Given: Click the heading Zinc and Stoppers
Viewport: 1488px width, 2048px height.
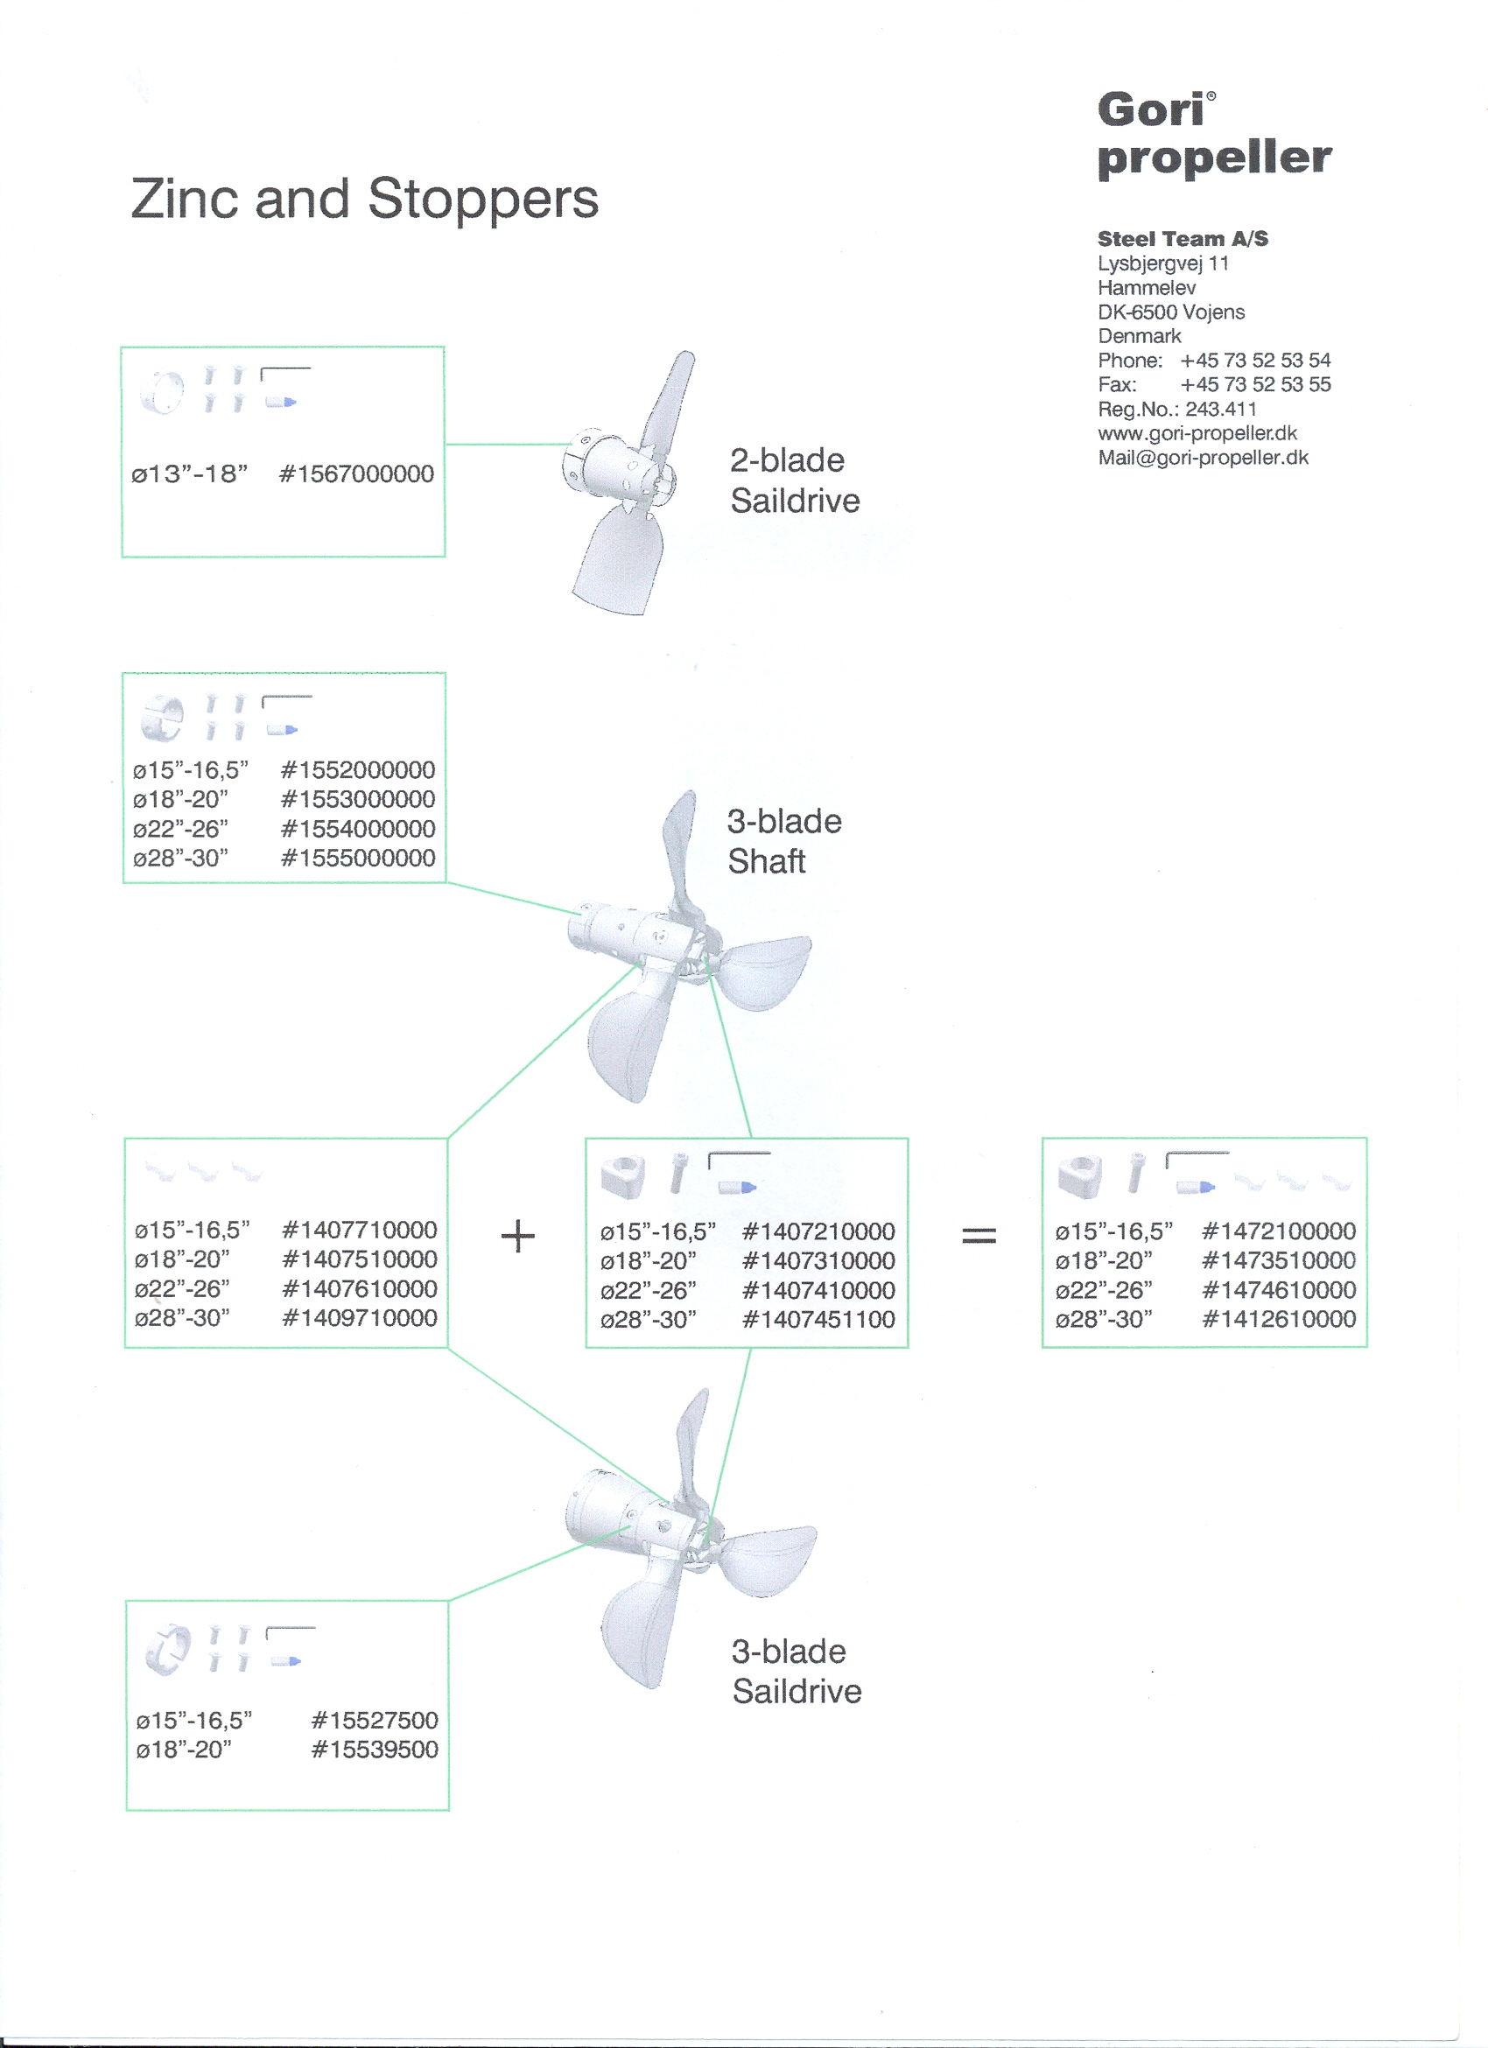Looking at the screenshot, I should (x=364, y=199).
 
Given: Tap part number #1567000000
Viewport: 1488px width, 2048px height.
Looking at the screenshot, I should (x=356, y=474).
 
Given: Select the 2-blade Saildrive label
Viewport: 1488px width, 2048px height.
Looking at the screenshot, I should (x=795, y=480).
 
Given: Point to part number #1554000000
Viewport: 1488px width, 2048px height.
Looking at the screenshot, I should (x=359, y=829).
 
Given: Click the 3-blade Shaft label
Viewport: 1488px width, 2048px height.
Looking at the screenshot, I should (x=783, y=842).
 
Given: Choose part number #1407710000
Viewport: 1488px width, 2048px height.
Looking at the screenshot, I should (x=360, y=1230).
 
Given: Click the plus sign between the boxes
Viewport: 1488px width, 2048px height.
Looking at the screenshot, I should (x=518, y=1235).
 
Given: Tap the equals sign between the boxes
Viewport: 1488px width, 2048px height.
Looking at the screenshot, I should (x=979, y=1234).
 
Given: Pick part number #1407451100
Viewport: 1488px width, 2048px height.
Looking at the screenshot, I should (x=818, y=1319).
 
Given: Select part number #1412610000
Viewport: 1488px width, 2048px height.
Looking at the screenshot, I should (x=1279, y=1319).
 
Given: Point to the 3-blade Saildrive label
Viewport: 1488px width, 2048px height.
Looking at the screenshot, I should (x=797, y=1672).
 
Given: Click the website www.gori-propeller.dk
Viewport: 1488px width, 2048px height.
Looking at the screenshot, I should (x=1197, y=433).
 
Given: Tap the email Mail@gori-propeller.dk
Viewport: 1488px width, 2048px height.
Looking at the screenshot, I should (x=1203, y=458).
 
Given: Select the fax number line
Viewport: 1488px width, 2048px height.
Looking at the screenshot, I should (x=1213, y=385).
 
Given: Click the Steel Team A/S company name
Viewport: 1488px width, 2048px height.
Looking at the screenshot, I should (x=1183, y=239).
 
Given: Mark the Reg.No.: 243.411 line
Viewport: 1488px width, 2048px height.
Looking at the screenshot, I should (x=1176, y=409).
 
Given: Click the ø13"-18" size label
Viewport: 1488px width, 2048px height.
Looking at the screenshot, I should (x=190, y=474).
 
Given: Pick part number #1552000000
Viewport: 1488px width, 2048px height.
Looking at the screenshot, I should (x=359, y=770).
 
